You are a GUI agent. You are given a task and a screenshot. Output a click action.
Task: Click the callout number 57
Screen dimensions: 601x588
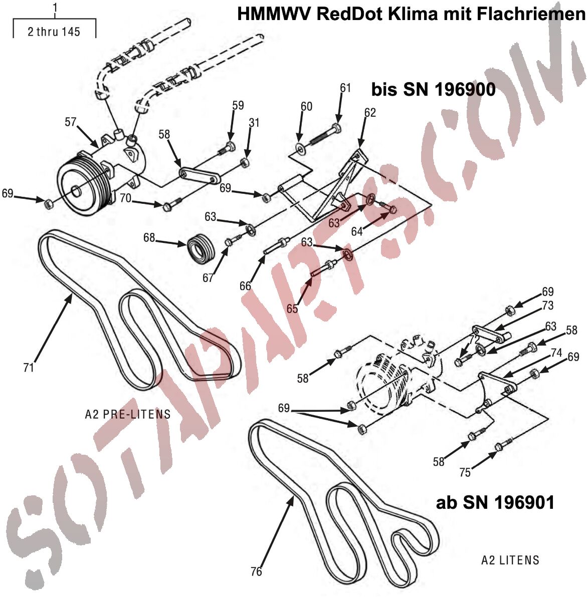70,122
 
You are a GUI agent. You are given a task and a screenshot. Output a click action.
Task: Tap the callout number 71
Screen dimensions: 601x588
29,368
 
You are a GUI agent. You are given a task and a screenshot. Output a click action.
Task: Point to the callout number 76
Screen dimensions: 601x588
256,571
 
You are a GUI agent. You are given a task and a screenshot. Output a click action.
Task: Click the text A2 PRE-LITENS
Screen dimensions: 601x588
128,415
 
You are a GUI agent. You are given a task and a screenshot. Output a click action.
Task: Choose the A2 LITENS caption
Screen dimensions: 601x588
510,560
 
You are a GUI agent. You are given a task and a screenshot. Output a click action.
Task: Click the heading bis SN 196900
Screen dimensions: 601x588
433,90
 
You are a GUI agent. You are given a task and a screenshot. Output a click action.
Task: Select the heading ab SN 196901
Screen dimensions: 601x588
495,502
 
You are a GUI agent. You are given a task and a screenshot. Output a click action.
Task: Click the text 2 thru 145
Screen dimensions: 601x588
54,32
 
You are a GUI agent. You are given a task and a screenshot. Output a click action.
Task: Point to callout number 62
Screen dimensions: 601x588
370,113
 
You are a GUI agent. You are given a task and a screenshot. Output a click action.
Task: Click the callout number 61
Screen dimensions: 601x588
345,88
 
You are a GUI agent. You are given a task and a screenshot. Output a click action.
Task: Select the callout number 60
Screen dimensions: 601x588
306,106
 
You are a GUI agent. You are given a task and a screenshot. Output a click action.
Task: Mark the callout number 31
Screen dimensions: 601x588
254,122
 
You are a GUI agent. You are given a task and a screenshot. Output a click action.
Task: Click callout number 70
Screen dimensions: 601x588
125,198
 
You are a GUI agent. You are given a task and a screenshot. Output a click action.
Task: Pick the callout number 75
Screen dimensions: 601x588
465,472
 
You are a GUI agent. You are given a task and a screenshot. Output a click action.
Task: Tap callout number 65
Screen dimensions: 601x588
292,309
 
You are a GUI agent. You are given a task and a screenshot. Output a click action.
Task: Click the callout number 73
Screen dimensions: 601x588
547,305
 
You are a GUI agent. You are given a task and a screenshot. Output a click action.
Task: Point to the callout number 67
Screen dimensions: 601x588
208,278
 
